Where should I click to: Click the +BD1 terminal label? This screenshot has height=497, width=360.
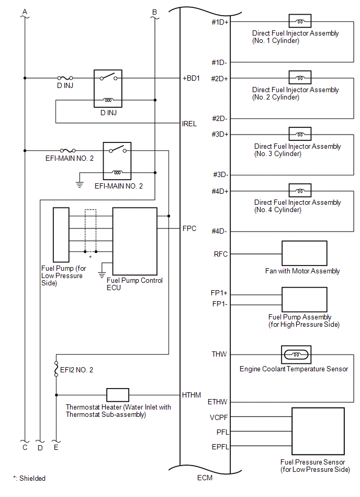(192, 79)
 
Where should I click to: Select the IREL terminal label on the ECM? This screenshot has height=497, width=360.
(189, 124)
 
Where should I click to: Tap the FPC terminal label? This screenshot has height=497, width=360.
(189, 229)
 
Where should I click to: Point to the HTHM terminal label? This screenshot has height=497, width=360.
(191, 395)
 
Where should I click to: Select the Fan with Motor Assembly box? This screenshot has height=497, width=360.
(304, 253)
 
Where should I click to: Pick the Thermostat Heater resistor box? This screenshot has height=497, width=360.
(118, 395)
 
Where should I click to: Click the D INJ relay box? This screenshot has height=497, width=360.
(108, 89)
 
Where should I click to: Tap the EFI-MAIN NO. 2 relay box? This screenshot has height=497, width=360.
(118, 161)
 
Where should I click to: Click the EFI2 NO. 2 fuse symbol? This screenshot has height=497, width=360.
(56, 369)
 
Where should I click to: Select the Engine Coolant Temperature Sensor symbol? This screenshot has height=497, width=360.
(296, 355)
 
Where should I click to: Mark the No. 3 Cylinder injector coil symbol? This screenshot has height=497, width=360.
(300, 134)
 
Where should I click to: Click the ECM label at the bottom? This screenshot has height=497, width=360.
(205, 478)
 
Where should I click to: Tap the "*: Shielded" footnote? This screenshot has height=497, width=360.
(29, 478)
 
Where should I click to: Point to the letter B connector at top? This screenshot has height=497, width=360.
(154, 12)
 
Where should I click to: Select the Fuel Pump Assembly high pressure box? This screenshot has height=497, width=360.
(304, 299)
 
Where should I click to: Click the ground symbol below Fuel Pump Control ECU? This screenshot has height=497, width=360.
(103, 273)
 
